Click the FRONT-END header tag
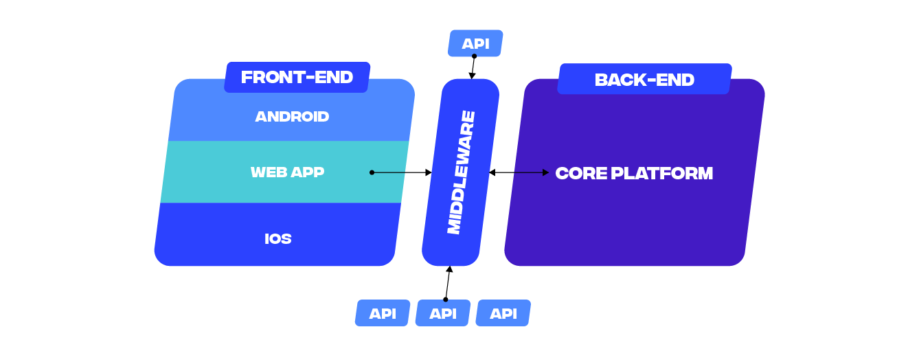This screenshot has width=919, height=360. [x=297, y=77]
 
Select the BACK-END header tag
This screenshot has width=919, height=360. [x=644, y=79]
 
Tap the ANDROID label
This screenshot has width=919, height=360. [x=292, y=117]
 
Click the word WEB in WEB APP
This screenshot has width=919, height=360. [x=268, y=172]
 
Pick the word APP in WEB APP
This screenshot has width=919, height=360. [x=307, y=172]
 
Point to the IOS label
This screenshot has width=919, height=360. [x=278, y=239]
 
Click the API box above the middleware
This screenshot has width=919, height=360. [x=475, y=43]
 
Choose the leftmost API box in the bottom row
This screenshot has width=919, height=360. [x=383, y=313]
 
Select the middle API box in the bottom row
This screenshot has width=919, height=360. [x=443, y=313]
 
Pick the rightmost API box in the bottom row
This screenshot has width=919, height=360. [x=503, y=313]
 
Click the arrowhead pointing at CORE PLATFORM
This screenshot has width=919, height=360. [x=545, y=172]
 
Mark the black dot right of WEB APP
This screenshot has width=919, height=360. [x=372, y=172]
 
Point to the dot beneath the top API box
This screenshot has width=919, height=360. [x=474, y=56]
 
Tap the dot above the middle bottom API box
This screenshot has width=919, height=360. [x=445, y=300]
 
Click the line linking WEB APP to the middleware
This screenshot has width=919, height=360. [x=389, y=172]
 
